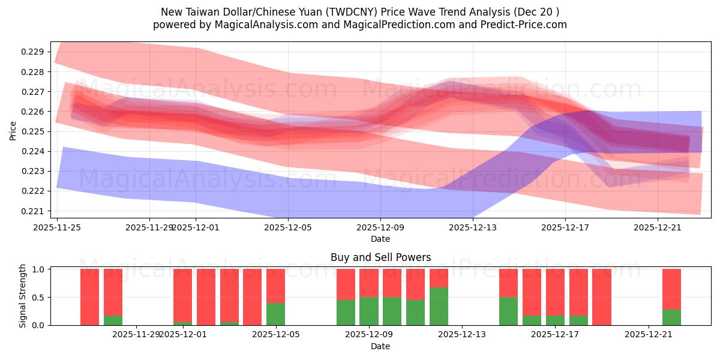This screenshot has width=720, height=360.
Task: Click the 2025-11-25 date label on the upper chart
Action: [x=57, y=227]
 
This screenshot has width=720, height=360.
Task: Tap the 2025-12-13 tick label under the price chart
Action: [x=473, y=227]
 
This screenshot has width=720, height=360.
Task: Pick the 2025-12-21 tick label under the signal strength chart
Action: [x=649, y=335]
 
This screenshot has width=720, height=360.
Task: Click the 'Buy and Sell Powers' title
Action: [x=380, y=257]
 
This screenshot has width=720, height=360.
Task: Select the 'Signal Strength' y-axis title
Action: [x=22, y=296]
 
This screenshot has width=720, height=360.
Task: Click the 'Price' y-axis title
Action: [x=13, y=131]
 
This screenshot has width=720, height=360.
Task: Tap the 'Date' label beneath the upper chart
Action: [x=380, y=239]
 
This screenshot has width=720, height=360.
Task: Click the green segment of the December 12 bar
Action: [x=439, y=306]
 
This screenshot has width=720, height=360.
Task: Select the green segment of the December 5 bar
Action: [x=275, y=314]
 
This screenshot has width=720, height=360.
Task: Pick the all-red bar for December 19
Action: [x=601, y=297]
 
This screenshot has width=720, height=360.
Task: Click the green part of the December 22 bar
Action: [x=671, y=317]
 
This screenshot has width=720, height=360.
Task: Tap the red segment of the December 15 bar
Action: [x=508, y=283]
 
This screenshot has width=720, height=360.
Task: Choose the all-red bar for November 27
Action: [x=89, y=297]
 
